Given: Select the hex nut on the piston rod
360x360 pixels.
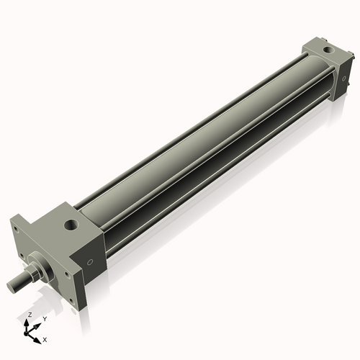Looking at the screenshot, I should (x=34, y=272).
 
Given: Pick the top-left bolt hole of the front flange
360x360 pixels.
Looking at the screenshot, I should (x=15, y=228).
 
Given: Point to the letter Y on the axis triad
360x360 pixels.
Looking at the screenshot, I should (x=45, y=318).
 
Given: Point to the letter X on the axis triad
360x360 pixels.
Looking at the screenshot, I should (x=45, y=338).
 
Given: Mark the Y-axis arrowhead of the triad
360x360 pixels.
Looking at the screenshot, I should (x=39, y=325).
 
